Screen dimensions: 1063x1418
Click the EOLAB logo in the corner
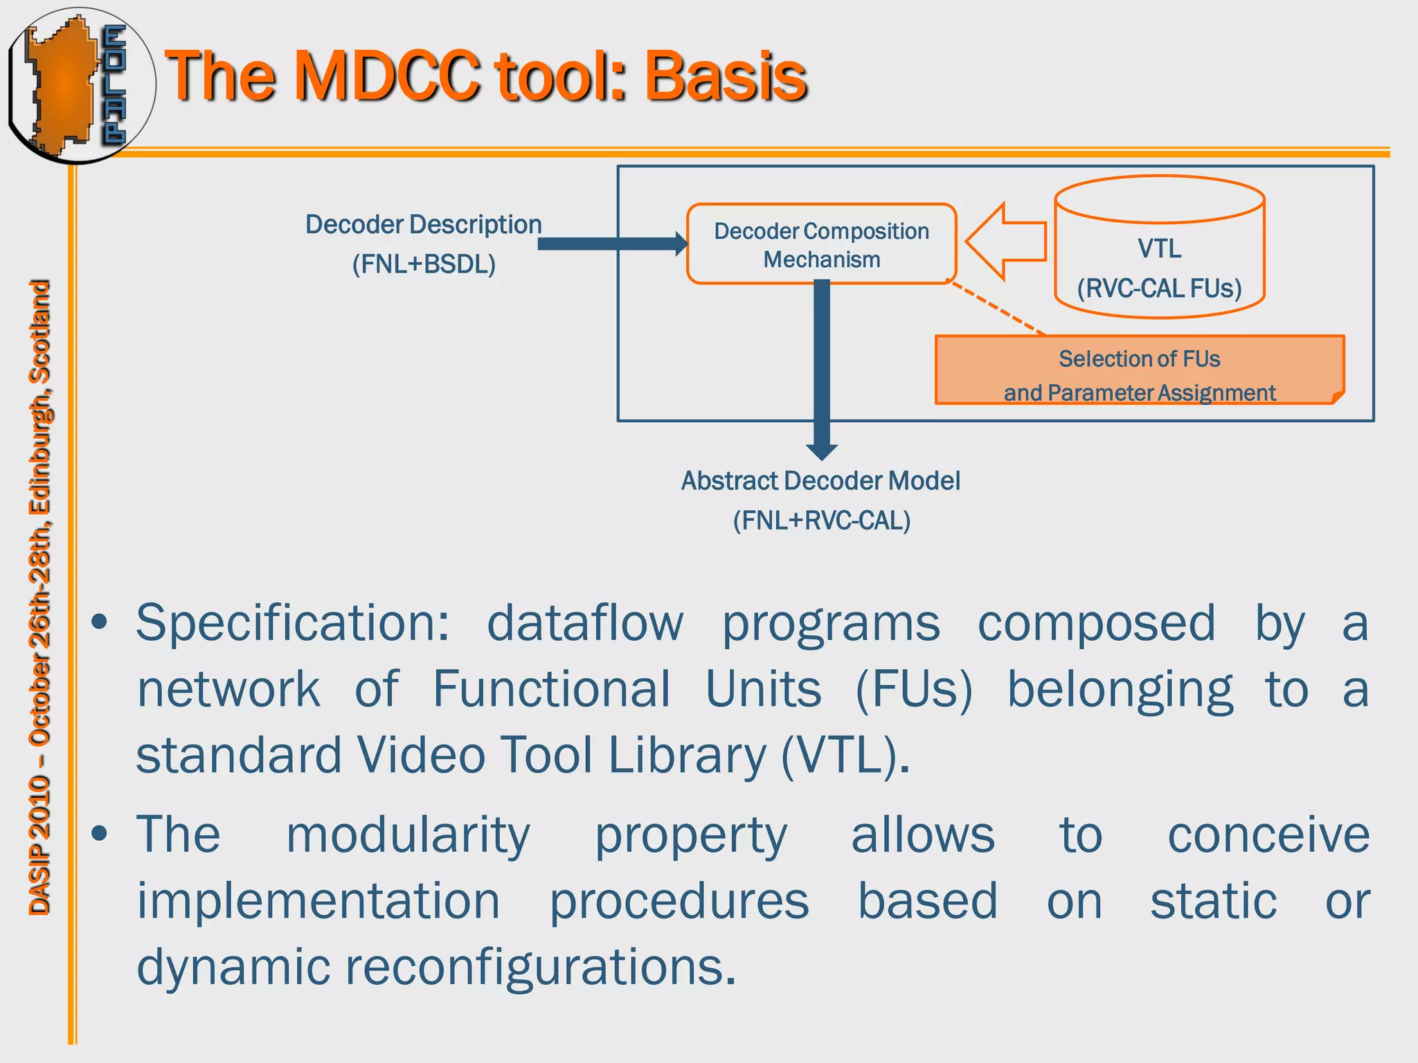[x=80, y=84]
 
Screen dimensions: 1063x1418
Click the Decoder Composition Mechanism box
[x=821, y=244]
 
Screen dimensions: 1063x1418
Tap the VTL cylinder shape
[x=1159, y=248]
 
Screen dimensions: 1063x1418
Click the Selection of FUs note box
[x=1139, y=371]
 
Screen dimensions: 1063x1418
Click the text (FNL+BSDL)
[x=424, y=264]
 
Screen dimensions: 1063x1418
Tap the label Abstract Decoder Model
[x=820, y=481]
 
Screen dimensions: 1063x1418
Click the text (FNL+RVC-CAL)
[x=822, y=520]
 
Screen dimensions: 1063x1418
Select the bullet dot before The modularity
[x=100, y=834]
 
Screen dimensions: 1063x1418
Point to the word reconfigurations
[x=540, y=967]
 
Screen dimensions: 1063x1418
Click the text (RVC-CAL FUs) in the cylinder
[x=1159, y=288]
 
